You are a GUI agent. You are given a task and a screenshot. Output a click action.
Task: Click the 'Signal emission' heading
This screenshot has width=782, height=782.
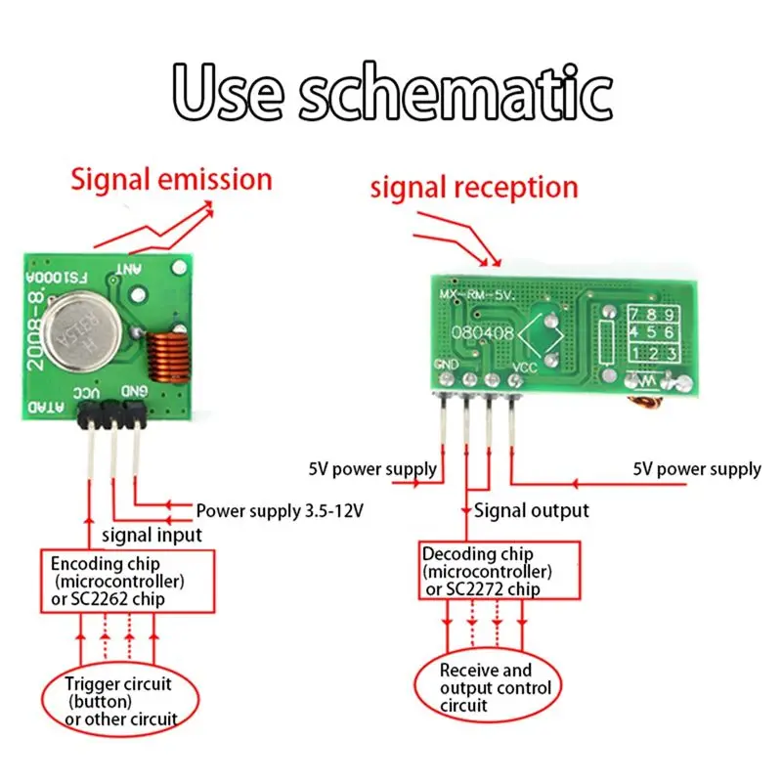tap(170, 180)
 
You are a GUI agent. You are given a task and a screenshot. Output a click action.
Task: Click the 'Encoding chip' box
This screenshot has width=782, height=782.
tap(126, 581)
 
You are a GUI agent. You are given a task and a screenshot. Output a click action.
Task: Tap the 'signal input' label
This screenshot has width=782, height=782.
tap(152, 535)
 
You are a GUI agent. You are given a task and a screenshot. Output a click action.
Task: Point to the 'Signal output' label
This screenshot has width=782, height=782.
tap(532, 510)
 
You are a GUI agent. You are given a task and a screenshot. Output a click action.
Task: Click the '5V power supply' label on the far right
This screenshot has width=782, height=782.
tap(697, 469)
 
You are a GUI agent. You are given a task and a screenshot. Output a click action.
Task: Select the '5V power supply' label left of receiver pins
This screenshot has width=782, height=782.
tap(371, 469)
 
